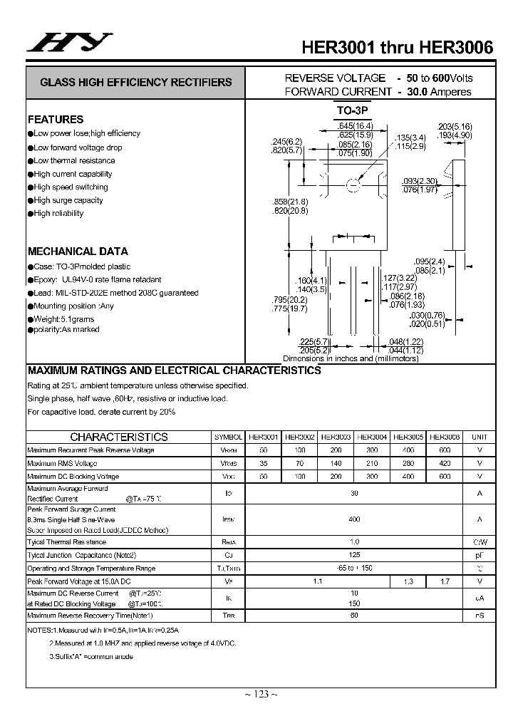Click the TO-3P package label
tap(354, 111)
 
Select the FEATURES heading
tap(56, 120)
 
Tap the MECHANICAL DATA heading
tap(78, 251)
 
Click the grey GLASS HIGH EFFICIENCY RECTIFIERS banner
tap(135, 82)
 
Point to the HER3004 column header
tap(372, 437)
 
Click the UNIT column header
tap(480, 437)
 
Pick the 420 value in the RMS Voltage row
tap(445, 463)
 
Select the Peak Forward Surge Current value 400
tap(354, 519)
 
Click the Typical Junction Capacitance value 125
tap(354, 554)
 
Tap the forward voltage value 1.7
tap(445, 582)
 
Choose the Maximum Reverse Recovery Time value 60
tap(354, 615)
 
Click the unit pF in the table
tap(480, 554)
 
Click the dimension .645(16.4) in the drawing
tap(356, 126)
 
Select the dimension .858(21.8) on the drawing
tap(289, 202)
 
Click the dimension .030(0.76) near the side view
tap(427, 315)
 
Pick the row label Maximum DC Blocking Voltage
tap(73, 476)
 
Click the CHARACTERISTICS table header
tap(119, 437)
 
